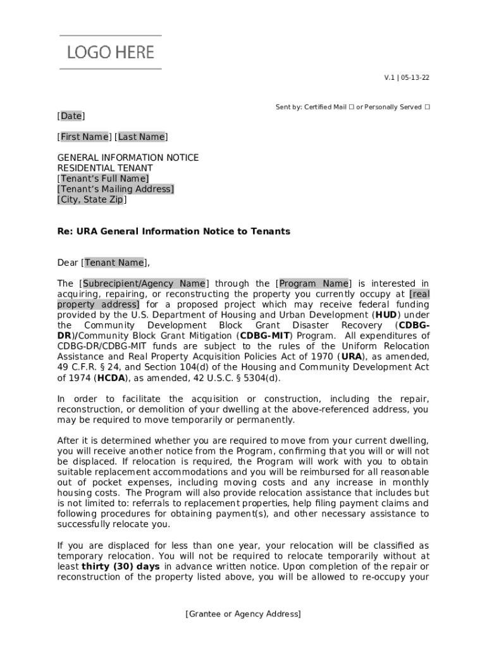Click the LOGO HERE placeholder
[x=111, y=53]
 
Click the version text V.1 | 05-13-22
[x=407, y=78]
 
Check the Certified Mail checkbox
[x=351, y=108]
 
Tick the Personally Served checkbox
[x=427, y=108]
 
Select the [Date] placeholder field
[x=71, y=116]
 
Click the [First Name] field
[x=85, y=137]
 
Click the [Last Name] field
[x=141, y=137]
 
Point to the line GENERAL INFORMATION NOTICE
[x=128, y=158]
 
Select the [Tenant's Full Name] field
[x=103, y=178]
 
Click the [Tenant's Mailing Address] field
[x=116, y=189]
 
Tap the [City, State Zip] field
[x=92, y=199]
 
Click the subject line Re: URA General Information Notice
[x=173, y=232]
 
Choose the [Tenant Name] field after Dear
[x=114, y=263]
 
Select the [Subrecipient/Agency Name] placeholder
[x=144, y=283]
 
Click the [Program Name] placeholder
[x=314, y=283]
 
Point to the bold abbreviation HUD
[x=386, y=315]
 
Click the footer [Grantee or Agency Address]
[x=243, y=614]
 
